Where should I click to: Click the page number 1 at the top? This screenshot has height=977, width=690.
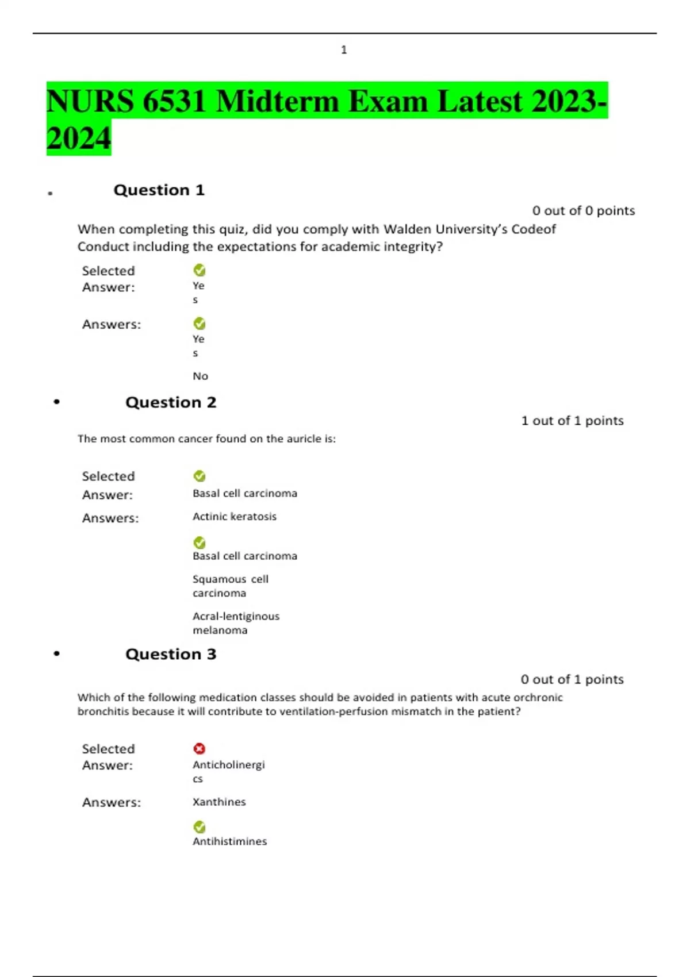[344, 50]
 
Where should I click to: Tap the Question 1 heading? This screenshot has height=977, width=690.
[159, 190]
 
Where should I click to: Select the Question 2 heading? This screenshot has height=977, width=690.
[171, 402]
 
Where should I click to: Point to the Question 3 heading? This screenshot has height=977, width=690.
[171, 654]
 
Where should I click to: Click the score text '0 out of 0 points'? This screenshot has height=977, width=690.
[583, 211]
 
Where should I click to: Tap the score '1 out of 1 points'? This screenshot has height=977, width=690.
[572, 421]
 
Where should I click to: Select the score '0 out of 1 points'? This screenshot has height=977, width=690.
[572, 679]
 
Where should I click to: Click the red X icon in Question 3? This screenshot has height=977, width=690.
[200, 748]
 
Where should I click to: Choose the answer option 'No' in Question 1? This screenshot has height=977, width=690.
[200, 376]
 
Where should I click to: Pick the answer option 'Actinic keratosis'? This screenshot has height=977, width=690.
[234, 517]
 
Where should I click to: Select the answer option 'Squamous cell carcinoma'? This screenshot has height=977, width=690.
[230, 586]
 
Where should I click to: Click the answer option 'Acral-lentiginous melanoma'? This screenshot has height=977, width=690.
[236, 623]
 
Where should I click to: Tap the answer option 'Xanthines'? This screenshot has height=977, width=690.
[219, 802]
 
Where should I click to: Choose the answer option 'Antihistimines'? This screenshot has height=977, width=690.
[229, 841]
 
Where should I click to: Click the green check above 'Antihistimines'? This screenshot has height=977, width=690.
[200, 827]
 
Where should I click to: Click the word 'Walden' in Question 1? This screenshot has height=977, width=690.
[407, 229]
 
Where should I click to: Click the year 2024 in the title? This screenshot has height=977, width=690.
[78, 139]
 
